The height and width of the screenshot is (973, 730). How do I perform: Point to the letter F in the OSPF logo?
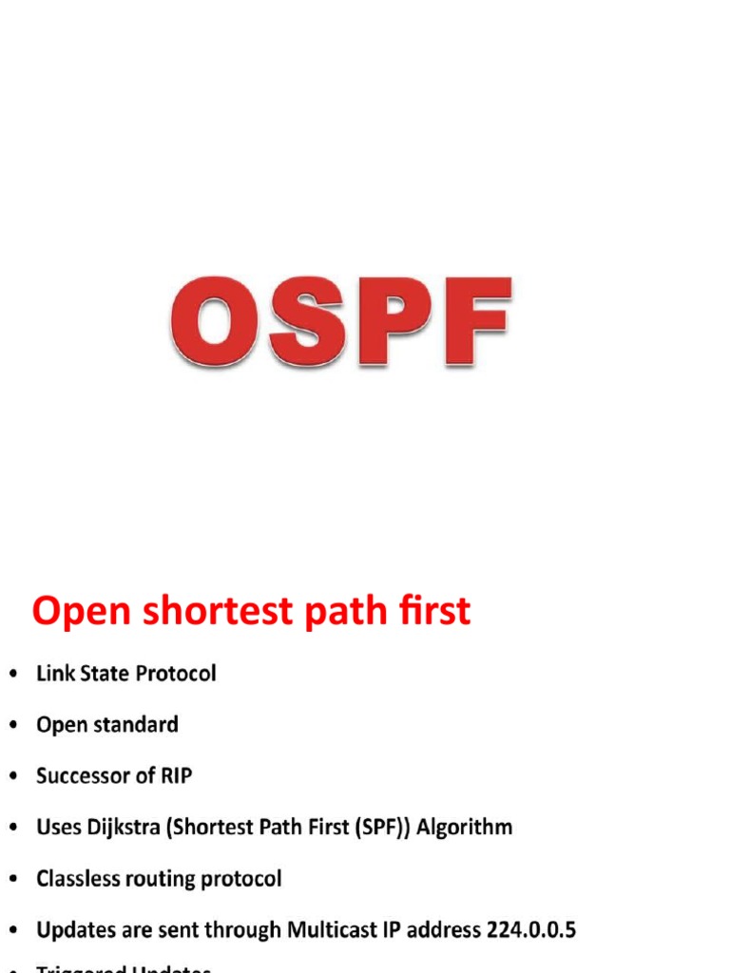469,321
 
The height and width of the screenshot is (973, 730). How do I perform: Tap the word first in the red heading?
431,611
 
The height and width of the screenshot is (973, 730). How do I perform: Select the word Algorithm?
466,828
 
